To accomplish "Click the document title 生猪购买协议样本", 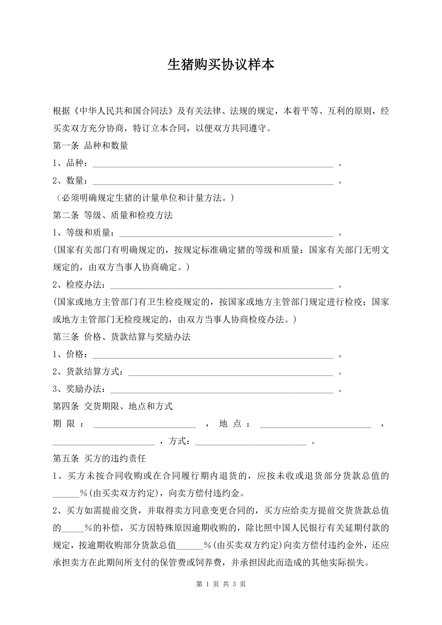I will [221, 65].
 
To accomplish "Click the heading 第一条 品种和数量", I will [90, 146].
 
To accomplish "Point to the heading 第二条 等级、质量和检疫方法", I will [113, 215].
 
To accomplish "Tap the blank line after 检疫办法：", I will [222, 286].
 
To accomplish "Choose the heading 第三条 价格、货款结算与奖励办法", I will [121, 337].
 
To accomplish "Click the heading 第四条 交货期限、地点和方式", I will [113, 407].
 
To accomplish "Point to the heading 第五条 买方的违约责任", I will [99, 459].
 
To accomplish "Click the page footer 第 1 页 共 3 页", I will [221, 584].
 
